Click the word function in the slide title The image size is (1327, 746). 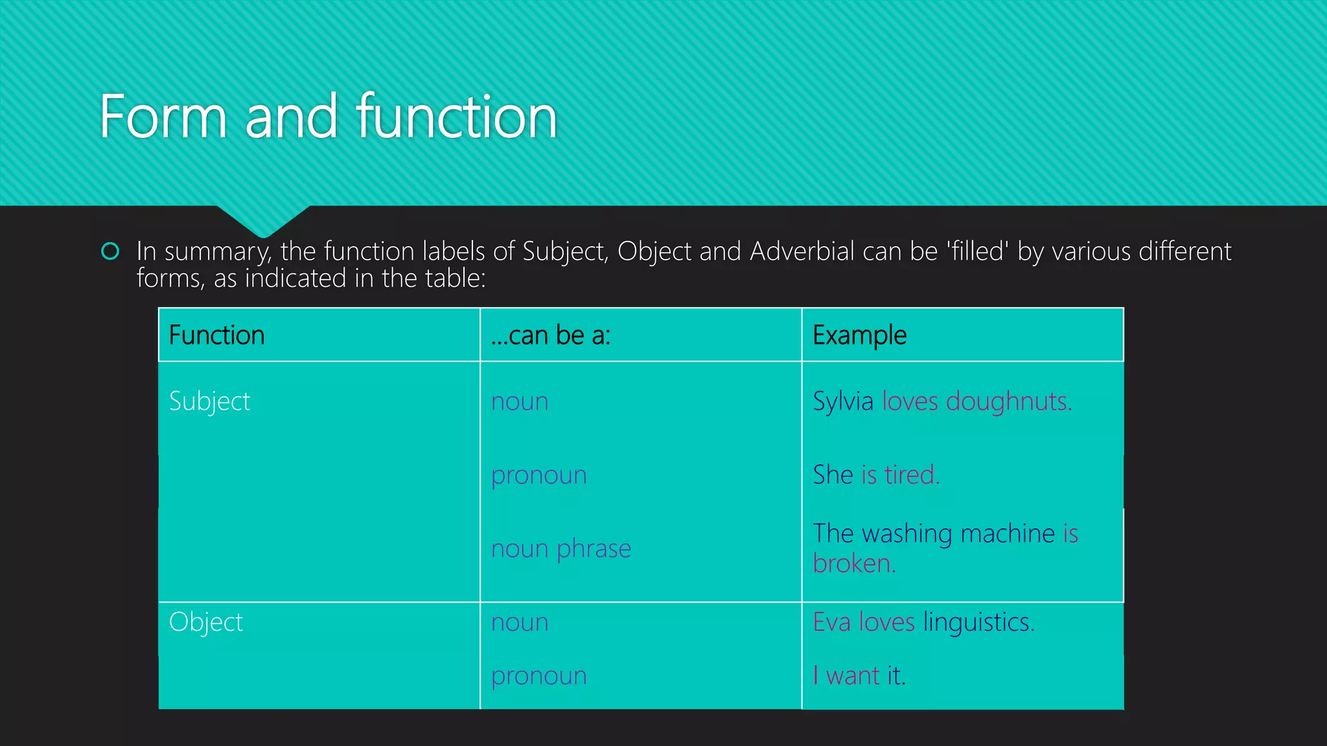[457, 117]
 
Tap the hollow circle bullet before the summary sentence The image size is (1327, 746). [111, 251]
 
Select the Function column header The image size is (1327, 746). [216, 335]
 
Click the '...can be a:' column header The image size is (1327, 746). [551, 335]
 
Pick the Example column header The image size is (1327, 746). [859, 335]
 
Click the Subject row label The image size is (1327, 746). [209, 401]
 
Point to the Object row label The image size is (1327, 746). [206, 622]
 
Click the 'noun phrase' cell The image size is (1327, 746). [561, 549]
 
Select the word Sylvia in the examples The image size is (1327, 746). [843, 401]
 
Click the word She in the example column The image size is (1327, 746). [833, 475]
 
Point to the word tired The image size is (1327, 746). [911, 475]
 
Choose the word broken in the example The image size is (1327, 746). [853, 564]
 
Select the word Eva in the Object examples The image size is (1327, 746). [832, 622]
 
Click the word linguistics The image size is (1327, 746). [977, 622]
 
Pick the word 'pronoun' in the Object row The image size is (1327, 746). [539, 676]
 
